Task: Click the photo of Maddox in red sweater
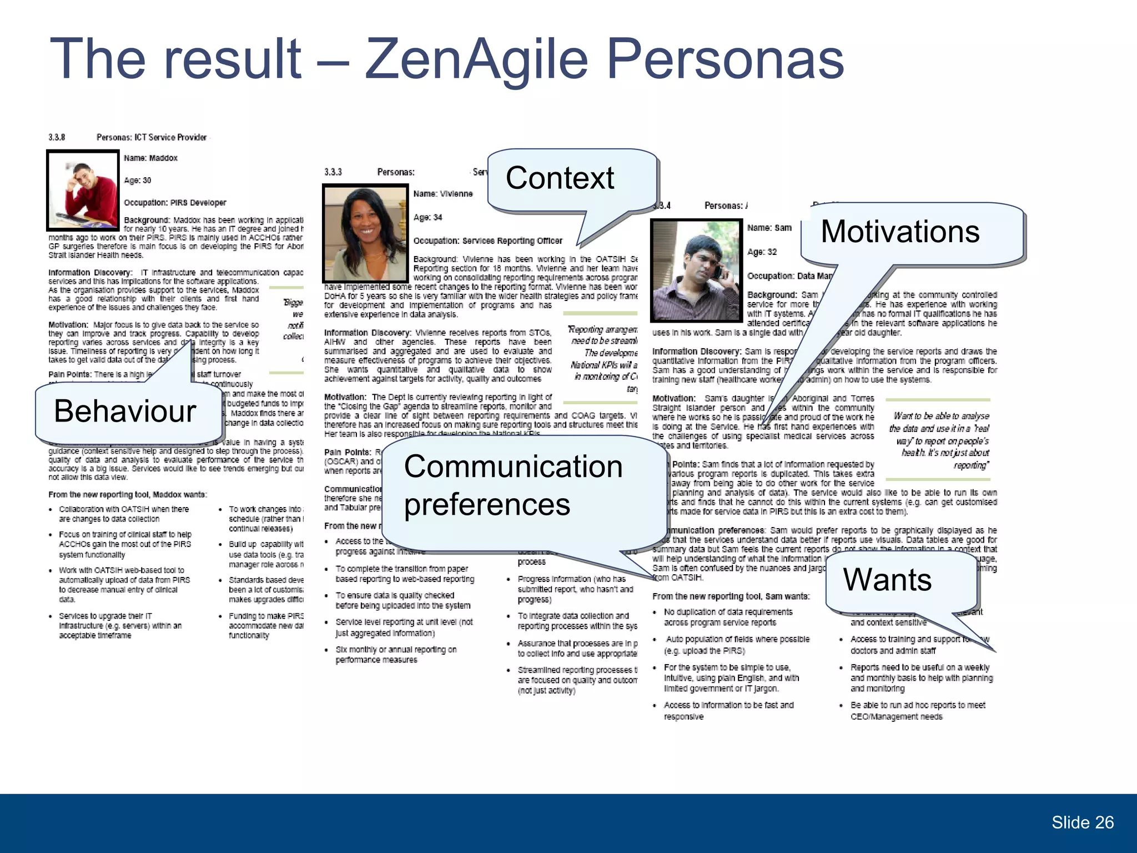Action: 83,190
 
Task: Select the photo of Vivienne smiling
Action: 365,234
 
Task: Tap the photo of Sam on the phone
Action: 696,270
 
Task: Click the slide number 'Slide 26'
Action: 1082,822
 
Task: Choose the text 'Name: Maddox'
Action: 150,158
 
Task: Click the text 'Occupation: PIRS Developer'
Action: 175,203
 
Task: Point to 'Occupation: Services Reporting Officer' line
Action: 487,241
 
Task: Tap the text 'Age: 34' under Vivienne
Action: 427,217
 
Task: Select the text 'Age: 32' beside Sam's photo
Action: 762,252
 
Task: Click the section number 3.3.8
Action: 57,137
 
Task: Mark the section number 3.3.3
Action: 333,172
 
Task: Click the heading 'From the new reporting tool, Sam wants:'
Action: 731,596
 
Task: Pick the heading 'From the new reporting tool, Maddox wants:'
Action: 128,495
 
